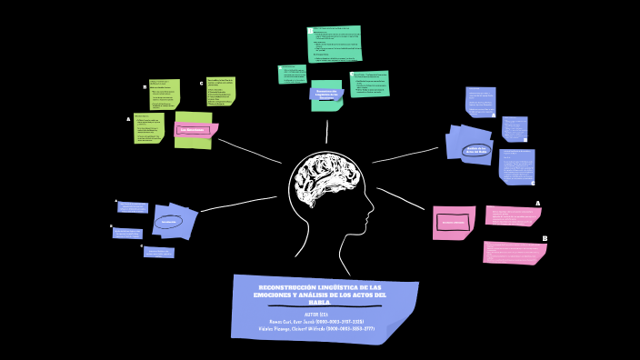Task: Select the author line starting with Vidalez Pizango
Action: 316,328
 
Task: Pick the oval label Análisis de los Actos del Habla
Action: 475,150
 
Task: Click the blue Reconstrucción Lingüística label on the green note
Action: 326,94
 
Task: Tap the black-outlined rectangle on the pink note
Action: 453,222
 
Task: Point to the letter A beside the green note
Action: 129,119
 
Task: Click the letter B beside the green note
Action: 145,87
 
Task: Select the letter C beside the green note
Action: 202,83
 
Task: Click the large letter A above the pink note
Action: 537,204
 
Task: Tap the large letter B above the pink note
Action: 544,238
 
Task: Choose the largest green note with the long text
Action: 335,45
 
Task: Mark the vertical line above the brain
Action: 326,132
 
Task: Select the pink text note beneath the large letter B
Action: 515,252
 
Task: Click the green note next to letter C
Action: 220,91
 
